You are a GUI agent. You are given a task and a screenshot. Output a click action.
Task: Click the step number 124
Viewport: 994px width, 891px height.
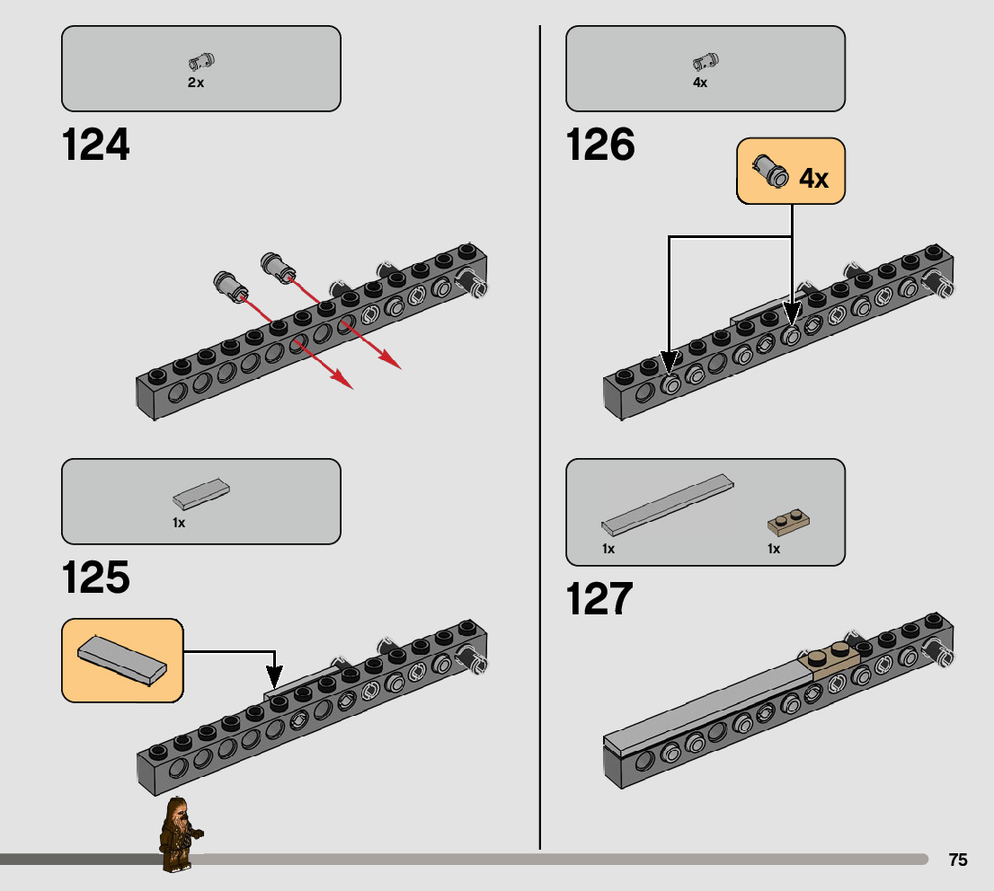pos(96,145)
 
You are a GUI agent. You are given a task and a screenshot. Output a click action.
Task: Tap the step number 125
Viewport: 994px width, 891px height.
pos(96,578)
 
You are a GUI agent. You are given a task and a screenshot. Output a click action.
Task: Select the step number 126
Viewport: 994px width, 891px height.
pos(600,145)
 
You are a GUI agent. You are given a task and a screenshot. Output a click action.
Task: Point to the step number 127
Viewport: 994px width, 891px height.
pos(600,599)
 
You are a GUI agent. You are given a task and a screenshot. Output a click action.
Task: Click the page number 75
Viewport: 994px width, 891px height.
pos(958,860)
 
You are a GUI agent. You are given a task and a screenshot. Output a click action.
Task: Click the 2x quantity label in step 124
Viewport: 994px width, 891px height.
pos(196,82)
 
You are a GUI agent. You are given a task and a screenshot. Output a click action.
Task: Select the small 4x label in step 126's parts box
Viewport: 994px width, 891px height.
pos(700,83)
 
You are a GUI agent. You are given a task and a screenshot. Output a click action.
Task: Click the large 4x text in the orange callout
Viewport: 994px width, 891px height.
pos(813,178)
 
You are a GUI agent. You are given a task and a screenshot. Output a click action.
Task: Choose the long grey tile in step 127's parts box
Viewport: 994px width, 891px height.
pos(666,502)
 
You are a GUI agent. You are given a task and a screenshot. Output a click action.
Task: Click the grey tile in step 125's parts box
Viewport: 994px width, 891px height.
pos(201,493)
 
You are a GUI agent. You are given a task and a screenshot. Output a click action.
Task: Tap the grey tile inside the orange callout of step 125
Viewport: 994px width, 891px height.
pos(121,661)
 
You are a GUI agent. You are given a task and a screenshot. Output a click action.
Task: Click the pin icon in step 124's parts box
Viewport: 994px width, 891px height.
pos(201,62)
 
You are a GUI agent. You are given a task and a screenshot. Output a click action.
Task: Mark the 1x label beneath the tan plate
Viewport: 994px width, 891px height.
pos(774,549)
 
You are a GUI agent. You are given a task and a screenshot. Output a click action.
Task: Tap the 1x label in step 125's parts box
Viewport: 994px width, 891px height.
pos(179,523)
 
